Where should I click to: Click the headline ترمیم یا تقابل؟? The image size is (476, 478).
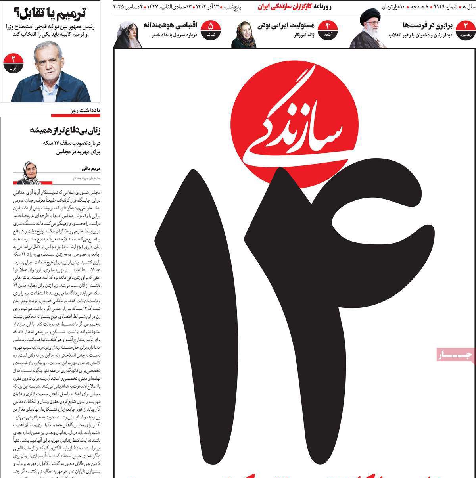53,13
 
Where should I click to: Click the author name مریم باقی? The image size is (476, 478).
91,169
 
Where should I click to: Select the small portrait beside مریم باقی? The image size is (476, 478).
28,173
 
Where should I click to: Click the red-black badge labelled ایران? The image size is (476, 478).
13,63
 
